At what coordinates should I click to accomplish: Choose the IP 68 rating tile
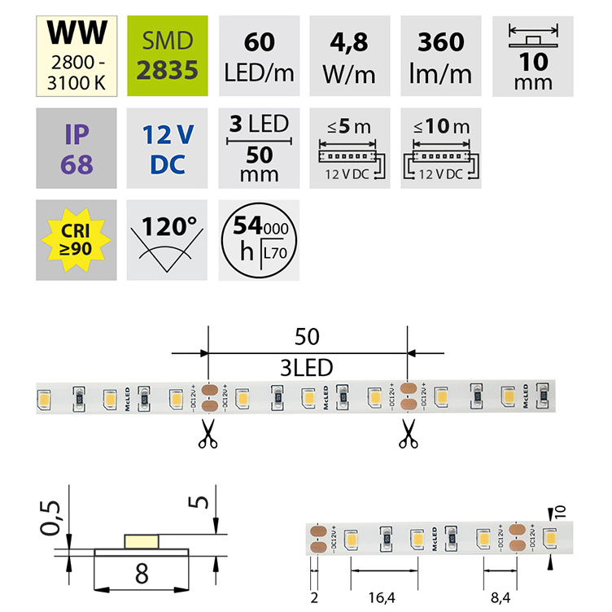click(76, 147)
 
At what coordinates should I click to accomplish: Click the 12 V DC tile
click(168, 147)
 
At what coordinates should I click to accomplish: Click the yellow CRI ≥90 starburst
click(76, 240)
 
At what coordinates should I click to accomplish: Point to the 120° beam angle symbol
click(168, 240)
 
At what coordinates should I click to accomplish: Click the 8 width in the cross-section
click(141, 575)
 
